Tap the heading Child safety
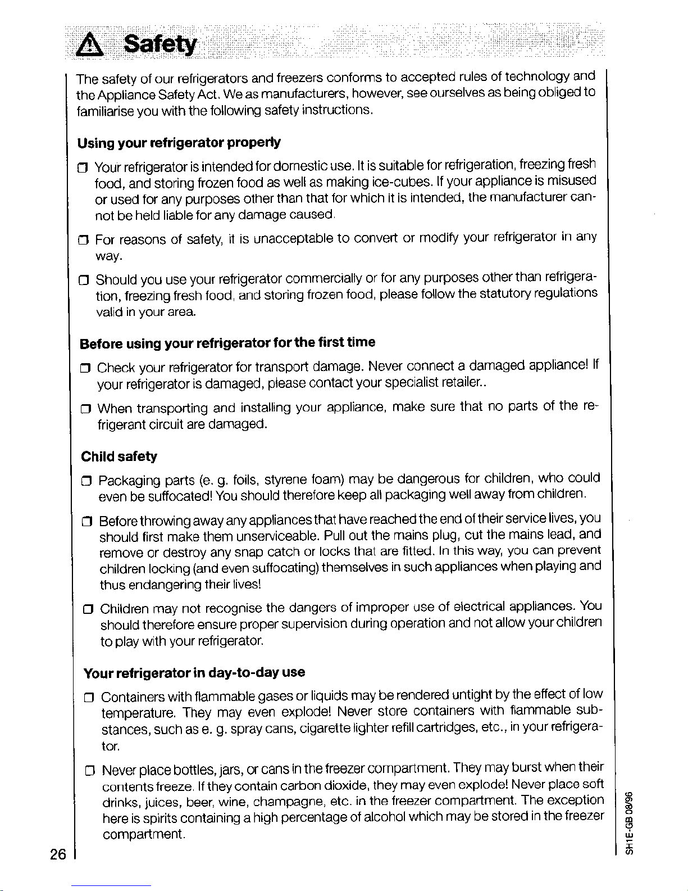(119, 456)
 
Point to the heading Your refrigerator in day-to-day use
(194, 673)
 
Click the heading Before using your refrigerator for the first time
(227, 343)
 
